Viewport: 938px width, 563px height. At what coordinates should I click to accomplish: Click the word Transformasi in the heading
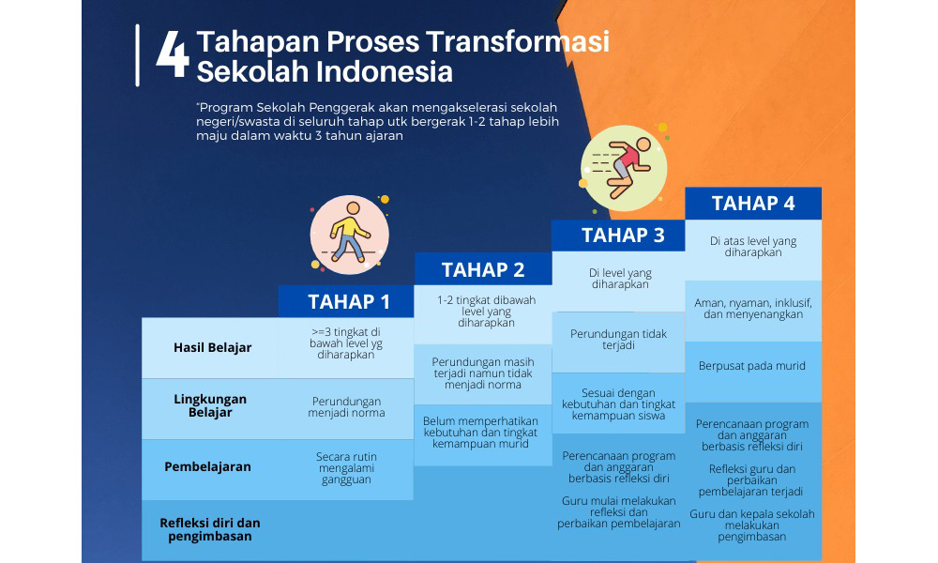tap(518, 42)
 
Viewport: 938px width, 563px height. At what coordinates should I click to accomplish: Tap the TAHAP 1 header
tap(349, 301)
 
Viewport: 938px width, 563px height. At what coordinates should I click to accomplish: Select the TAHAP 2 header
tap(483, 270)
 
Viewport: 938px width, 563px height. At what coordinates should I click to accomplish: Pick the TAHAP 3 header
tap(623, 236)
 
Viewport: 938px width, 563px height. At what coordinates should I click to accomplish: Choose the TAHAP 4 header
tap(753, 204)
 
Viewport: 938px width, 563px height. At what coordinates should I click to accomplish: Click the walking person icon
tap(349, 235)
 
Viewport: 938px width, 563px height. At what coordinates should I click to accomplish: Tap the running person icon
tap(624, 168)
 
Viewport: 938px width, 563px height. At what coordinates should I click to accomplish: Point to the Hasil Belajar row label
tap(212, 347)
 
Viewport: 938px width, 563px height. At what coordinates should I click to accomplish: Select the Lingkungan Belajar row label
tap(210, 405)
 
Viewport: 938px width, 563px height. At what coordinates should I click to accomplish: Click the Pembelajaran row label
tap(207, 466)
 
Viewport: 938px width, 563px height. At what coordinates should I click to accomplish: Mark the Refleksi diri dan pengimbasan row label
tap(210, 529)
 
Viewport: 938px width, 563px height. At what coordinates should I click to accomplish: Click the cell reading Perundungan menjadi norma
tap(346, 407)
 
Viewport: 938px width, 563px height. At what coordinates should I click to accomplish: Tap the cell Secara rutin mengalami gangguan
tap(346, 468)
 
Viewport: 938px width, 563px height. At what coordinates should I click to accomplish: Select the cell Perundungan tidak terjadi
tap(618, 340)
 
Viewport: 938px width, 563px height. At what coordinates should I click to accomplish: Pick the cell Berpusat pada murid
tap(752, 366)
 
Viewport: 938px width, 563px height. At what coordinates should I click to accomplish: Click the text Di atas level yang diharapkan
tap(753, 247)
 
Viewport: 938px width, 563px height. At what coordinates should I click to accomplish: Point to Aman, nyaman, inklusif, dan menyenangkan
tap(753, 308)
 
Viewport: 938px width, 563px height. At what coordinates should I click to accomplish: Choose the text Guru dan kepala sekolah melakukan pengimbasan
tap(752, 525)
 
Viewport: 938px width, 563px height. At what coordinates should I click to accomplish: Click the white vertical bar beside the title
tap(138, 55)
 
